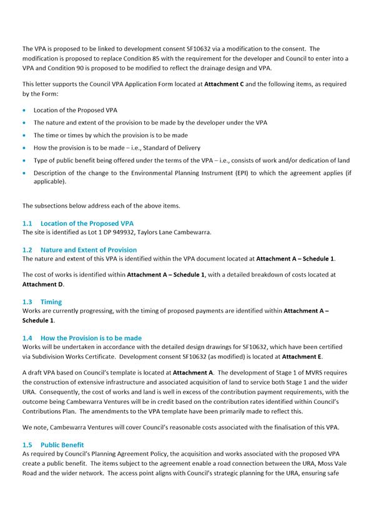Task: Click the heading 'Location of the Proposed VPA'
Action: click(x=87, y=223)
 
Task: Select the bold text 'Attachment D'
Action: click(x=42, y=284)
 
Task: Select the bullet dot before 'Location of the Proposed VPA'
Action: click(x=25, y=110)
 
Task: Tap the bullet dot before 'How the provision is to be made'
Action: click(x=25, y=148)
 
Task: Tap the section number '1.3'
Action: click(x=27, y=302)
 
